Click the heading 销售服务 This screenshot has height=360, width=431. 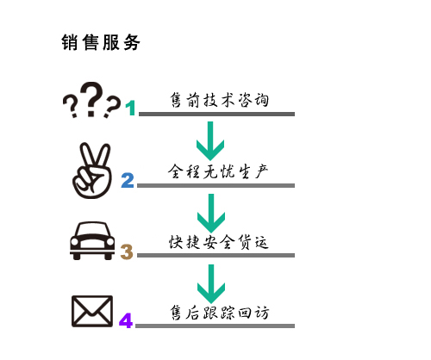click(x=101, y=42)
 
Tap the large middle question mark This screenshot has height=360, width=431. click(x=91, y=99)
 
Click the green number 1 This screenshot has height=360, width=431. click(x=131, y=108)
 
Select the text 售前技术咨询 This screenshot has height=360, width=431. click(x=219, y=100)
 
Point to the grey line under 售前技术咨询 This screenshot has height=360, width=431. click(x=216, y=114)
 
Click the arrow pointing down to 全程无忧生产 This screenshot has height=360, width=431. click(x=210, y=140)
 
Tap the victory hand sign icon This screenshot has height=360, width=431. click(x=92, y=171)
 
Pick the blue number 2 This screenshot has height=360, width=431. click(x=128, y=180)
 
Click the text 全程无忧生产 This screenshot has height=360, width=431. click(x=218, y=171)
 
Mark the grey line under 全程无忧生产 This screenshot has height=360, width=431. click(x=215, y=185)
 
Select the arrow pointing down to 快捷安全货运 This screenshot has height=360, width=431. click(x=211, y=213)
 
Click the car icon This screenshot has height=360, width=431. click(x=92, y=240)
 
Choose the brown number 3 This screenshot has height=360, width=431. click(x=127, y=251)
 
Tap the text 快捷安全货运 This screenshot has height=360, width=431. click(x=219, y=242)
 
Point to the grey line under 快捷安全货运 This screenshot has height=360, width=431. click(x=215, y=255)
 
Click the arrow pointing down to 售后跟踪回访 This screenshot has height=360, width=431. click(x=211, y=284)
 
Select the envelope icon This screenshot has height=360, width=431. click(x=92, y=311)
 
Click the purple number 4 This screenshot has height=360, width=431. click(x=126, y=320)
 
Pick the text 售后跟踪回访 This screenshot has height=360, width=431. click(x=220, y=313)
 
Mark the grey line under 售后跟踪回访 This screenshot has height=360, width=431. click(x=215, y=326)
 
